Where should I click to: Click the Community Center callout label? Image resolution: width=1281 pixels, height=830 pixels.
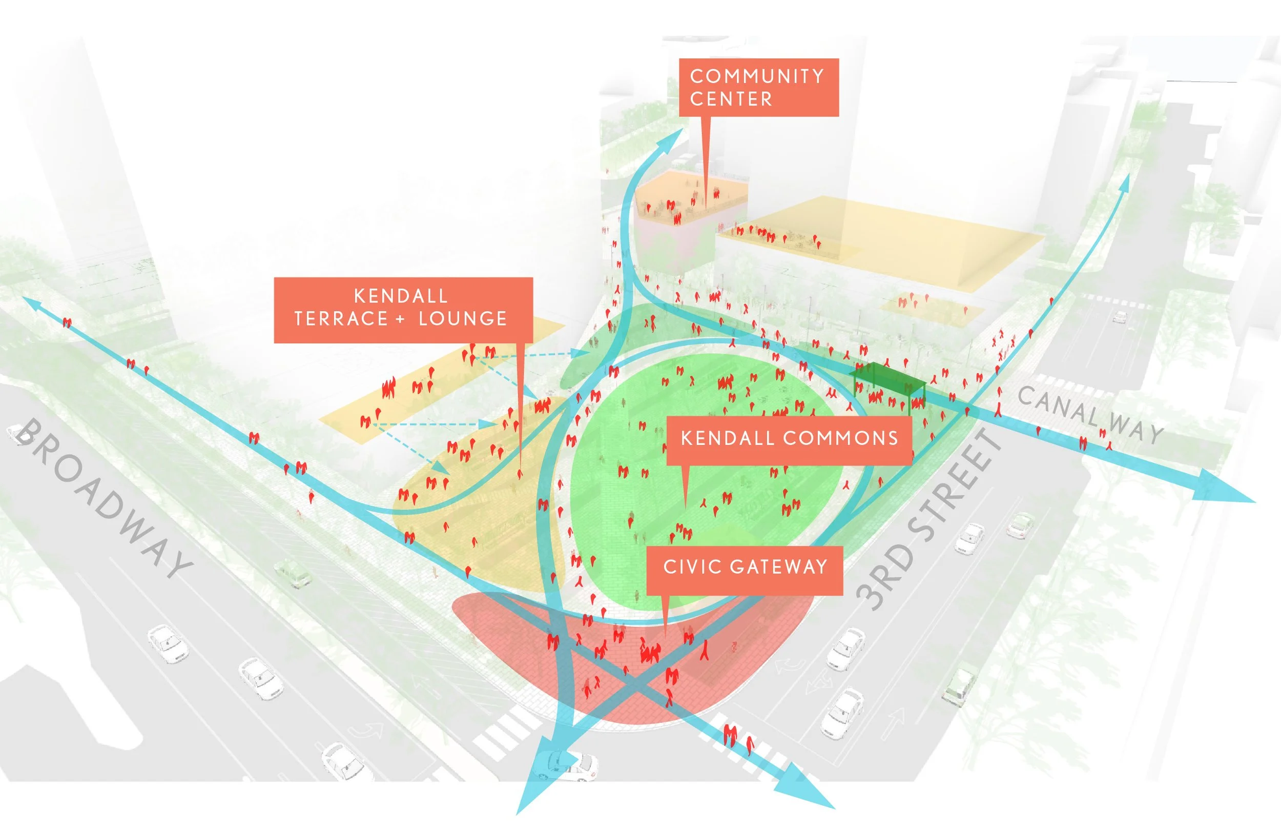click(758, 87)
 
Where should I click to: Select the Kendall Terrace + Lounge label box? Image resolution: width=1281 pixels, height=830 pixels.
click(403, 310)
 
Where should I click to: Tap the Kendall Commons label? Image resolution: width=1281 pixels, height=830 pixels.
click(789, 439)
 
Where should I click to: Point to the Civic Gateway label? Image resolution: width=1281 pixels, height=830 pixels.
click(745, 567)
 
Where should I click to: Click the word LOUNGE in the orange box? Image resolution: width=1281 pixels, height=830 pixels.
click(463, 319)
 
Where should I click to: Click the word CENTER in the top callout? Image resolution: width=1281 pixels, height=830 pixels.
click(731, 99)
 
